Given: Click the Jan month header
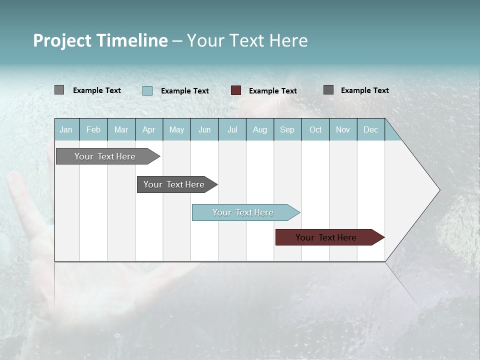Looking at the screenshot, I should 66,129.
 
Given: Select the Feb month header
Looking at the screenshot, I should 93,129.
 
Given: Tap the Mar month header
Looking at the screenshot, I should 121,129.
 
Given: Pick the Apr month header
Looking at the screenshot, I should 149,129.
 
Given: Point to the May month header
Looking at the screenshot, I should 176,129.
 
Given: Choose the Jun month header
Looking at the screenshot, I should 204,129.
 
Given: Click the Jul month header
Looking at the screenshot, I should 232,129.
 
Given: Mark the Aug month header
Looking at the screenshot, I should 260,129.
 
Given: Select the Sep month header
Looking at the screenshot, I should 287,129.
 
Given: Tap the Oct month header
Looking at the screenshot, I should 315,129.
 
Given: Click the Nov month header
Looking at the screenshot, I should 343,129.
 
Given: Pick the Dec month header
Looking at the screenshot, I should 371,129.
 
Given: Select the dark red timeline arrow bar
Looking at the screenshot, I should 326,237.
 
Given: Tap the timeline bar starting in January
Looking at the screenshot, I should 105,156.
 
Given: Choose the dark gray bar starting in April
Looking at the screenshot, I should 174,184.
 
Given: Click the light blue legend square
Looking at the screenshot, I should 147,90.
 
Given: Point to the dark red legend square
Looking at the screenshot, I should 236,90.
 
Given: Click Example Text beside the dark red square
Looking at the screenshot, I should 273,91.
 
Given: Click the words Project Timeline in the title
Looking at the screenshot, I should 100,40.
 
